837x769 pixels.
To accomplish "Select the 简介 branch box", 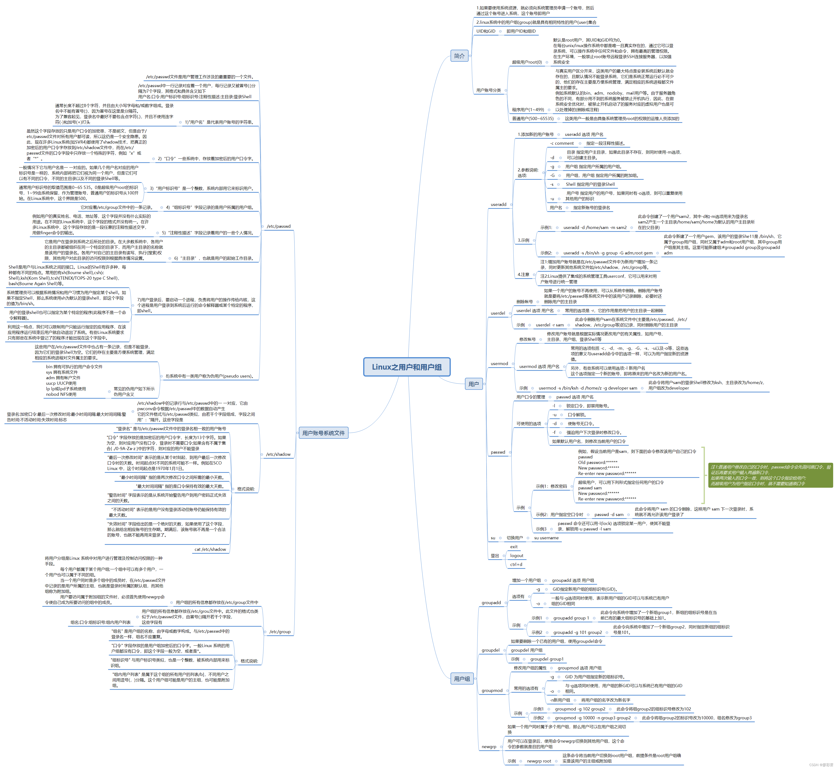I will tap(459, 56).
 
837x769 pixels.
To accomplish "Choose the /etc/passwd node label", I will tap(278, 226).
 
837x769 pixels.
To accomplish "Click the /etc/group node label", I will tap(280, 632).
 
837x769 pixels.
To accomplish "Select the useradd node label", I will tap(498, 204).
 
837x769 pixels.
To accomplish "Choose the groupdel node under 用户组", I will tap(490, 650).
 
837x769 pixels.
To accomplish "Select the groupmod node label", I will tap(492, 690).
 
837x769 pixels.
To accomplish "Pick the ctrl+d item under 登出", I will tap(516, 564).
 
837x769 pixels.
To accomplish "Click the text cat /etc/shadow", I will tap(210, 549).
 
